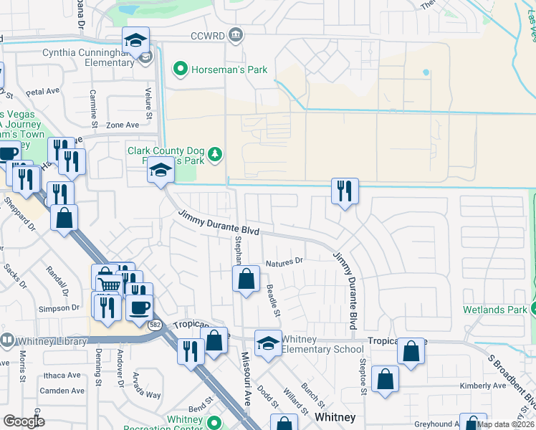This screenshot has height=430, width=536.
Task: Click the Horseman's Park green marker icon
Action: pyautogui.click(x=180, y=70)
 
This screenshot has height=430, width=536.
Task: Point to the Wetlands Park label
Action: pyautogui.click(x=495, y=310)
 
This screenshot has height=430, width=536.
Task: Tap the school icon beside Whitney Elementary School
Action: pyautogui.click(x=268, y=343)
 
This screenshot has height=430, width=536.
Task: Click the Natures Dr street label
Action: pyautogui.click(x=285, y=263)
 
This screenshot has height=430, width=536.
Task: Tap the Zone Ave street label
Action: pyautogui.click(x=123, y=125)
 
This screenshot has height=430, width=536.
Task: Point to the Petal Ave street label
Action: pyautogui.click(x=42, y=92)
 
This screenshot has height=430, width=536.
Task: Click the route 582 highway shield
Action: pyautogui.click(x=155, y=325)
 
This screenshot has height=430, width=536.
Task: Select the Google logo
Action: pyautogui.click(x=24, y=421)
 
